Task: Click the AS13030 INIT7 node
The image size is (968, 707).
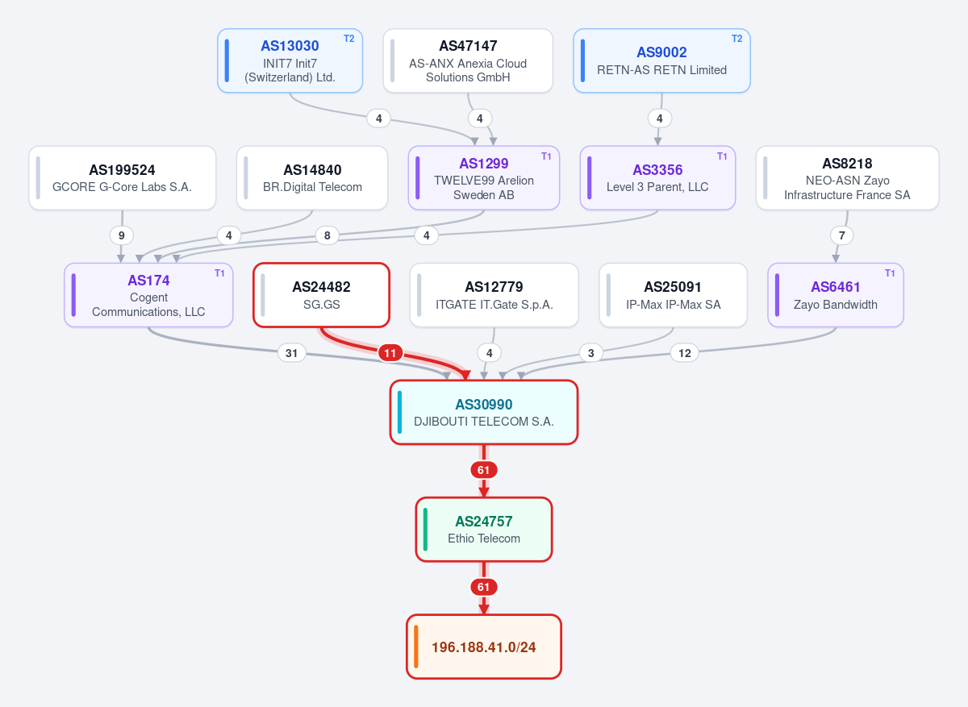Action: click(x=290, y=60)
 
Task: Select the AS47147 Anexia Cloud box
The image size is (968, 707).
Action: click(x=468, y=60)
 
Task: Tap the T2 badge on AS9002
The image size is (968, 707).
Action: click(x=736, y=39)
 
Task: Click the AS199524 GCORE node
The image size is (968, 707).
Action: click(x=123, y=178)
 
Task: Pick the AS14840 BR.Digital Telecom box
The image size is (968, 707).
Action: click(x=312, y=178)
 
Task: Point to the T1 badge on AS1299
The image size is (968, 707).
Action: click(x=546, y=156)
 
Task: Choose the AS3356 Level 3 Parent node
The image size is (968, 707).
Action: click(x=657, y=178)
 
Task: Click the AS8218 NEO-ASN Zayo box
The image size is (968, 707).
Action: click(x=848, y=178)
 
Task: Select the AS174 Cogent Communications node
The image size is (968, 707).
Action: click(x=148, y=295)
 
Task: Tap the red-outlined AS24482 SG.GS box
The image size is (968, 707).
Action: click(x=322, y=295)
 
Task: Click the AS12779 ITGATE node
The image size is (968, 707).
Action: click(x=494, y=295)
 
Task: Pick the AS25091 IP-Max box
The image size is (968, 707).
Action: click(x=674, y=295)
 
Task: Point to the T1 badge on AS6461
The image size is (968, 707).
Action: click(x=890, y=273)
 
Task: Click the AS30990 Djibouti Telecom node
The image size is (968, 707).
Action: click(x=484, y=412)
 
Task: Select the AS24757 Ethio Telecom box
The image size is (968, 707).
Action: click(x=484, y=530)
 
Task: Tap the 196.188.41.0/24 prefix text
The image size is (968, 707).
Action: click(x=483, y=647)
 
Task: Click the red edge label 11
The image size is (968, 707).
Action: click(x=390, y=353)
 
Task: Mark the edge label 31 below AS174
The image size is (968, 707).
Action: click(x=292, y=353)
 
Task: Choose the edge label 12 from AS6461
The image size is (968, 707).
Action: click(x=685, y=353)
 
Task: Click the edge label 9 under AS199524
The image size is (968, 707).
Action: click(x=122, y=235)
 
